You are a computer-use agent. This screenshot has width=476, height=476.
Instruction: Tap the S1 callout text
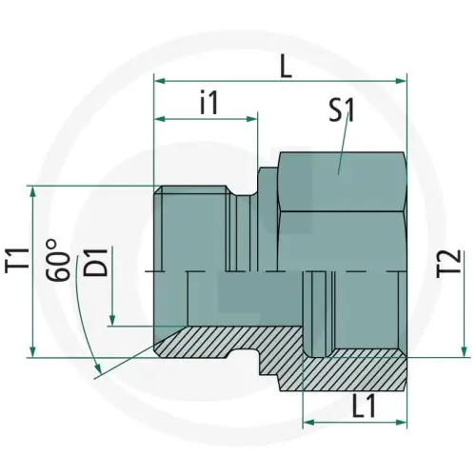point(343,111)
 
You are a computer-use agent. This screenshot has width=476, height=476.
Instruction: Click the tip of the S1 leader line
point(340,172)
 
